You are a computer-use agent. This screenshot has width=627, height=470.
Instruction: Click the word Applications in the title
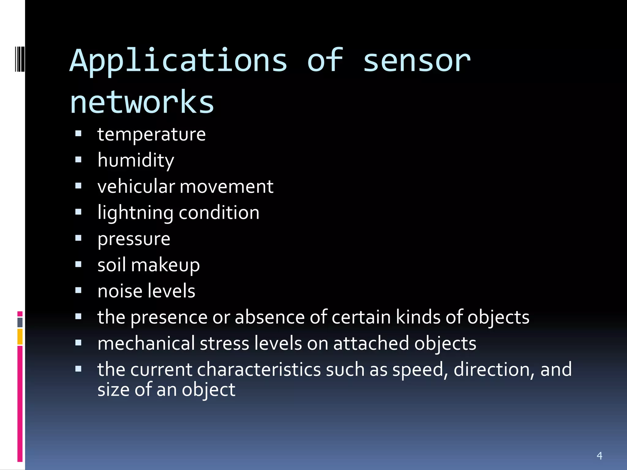[178, 61]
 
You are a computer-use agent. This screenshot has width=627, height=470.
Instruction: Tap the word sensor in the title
[416, 61]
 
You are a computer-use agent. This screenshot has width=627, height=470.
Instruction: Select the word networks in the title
[142, 102]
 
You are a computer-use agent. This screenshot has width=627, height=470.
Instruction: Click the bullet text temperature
[151, 134]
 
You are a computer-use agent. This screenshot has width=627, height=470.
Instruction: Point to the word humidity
[136, 160]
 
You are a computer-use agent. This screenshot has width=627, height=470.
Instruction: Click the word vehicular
[136, 186]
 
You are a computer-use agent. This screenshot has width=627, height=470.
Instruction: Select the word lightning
[135, 213]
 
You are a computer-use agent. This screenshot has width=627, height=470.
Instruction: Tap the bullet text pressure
[134, 239]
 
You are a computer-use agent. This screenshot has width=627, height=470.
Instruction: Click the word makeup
[165, 265]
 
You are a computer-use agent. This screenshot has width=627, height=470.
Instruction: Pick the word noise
[116, 291]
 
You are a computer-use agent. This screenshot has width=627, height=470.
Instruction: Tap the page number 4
[599, 456]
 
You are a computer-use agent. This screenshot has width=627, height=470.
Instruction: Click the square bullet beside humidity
[78, 160]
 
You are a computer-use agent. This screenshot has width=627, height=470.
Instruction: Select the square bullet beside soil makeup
[78, 264]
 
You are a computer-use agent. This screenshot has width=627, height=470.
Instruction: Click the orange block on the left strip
[20, 337]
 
